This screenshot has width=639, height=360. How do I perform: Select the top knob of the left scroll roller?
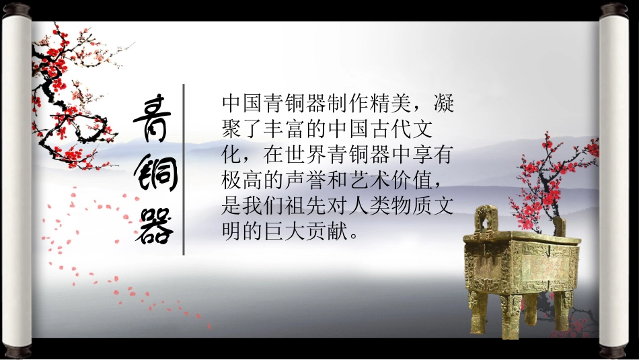click(17, 9)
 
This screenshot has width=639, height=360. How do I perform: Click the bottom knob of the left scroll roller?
click(17, 351)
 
